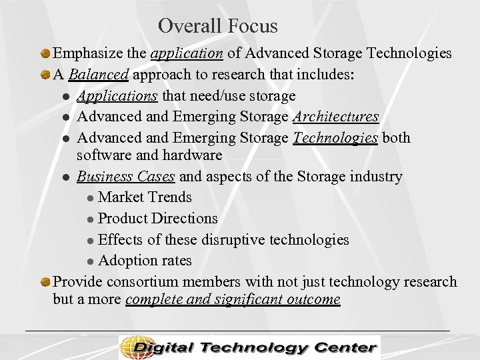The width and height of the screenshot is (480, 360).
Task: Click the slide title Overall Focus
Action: coord(218,26)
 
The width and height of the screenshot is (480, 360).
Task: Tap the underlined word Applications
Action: coord(117,96)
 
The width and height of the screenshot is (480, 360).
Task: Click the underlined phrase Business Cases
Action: coord(126,177)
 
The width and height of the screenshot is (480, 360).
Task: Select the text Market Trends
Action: coord(145,197)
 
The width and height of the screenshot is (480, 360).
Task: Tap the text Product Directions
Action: coord(157,218)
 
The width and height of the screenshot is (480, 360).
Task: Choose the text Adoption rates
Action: coord(145,260)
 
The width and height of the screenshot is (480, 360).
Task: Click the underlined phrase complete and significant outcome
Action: coord(233,299)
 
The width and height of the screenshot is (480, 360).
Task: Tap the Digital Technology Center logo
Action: coord(249,347)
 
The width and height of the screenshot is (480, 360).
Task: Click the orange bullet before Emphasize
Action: coord(45,53)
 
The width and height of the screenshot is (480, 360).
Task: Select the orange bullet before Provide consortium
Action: coord(45,282)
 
